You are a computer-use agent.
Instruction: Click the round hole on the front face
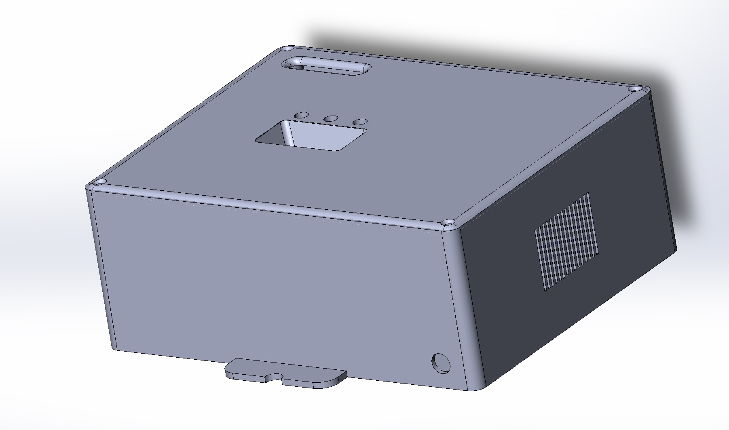coord(441,363)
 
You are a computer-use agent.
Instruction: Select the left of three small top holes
coord(301,115)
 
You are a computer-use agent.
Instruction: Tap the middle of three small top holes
coord(331,118)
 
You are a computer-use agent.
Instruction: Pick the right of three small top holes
coord(360,121)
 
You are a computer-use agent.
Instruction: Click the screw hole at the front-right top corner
coord(448,223)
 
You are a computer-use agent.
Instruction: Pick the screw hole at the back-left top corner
coord(288,48)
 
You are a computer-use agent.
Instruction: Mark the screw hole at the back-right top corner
coord(634,89)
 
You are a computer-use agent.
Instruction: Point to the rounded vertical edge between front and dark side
coord(465,307)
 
